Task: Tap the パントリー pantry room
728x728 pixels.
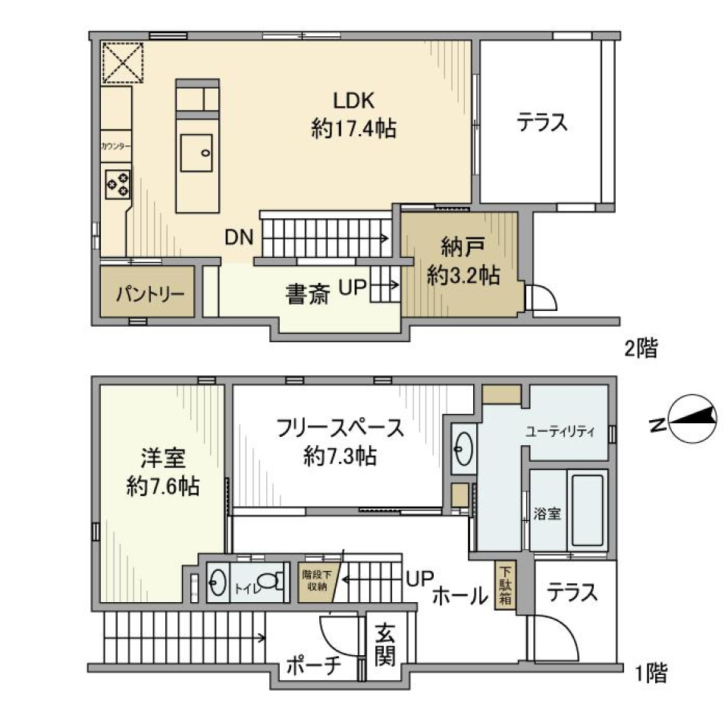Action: pos(149,292)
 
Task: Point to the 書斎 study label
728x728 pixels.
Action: pos(306,293)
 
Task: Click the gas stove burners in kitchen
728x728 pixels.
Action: pos(118,183)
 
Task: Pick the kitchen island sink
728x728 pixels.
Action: pos(197,154)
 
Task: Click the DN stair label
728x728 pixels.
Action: pos(240,237)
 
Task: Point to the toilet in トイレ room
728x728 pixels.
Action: pos(276,583)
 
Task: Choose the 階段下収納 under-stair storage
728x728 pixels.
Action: pos(314,581)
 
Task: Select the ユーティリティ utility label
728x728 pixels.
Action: pos(560,431)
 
